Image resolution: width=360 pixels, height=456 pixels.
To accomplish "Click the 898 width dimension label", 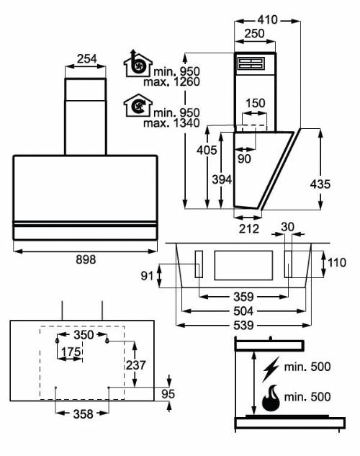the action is (x=86, y=259).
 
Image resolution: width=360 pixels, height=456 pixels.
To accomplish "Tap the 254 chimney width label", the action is (x=86, y=59).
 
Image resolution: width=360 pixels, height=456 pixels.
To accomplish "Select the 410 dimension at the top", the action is (x=267, y=19).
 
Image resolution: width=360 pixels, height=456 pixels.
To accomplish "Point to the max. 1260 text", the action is (x=171, y=81).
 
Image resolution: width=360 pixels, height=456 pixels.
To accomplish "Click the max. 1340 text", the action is (x=171, y=123).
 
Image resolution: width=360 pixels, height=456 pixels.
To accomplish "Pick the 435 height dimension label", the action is (x=320, y=184).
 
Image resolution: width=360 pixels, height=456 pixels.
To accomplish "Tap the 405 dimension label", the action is (x=207, y=150).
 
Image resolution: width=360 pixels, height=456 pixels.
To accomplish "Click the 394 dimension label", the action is (x=222, y=179).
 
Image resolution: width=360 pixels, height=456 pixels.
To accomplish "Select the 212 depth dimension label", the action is (x=249, y=229).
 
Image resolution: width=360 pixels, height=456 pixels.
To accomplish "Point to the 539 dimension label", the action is (x=243, y=325).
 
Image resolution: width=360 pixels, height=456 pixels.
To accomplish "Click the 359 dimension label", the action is (x=243, y=297).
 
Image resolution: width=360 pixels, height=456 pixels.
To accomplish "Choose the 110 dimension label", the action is (x=337, y=263).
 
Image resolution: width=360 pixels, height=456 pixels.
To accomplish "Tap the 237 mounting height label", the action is (x=135, y=365).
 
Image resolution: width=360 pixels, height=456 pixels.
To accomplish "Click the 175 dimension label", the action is (x=71, y=352).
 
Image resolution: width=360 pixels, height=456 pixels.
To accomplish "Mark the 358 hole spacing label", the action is (x=83, y=413).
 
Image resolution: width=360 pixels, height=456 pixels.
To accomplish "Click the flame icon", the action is (x=271, y=398).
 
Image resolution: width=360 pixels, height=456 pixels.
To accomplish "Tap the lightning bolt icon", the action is (x=271, y=369).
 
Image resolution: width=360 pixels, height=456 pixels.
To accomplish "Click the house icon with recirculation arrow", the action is (x=138, y=105).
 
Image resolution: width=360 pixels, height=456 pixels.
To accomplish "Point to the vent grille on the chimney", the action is (x=251, y=63).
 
